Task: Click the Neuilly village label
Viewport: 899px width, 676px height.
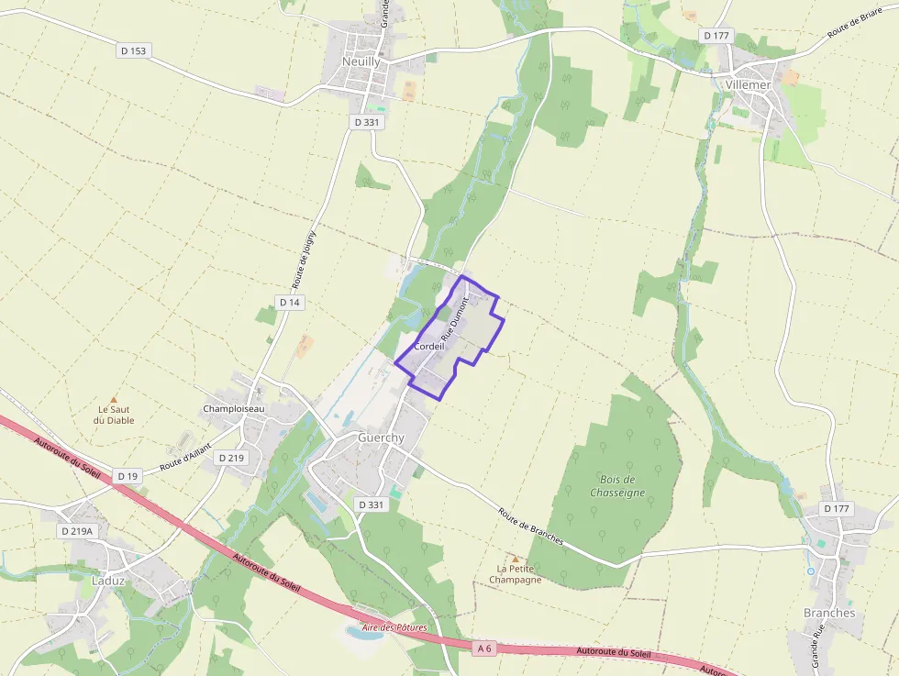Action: click(361, 61)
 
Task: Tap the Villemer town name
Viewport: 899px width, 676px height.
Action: click(748, 83)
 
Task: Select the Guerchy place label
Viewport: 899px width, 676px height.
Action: click(381, 438)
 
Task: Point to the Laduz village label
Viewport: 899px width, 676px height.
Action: click(108, 581)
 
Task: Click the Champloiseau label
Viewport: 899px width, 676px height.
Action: click(233, 408)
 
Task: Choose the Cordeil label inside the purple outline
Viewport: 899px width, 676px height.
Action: click(429, 347)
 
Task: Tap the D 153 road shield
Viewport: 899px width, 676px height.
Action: click(133, 51)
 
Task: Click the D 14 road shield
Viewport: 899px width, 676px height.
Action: click(290, 302)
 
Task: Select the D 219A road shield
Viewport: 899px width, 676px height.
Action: click(78, 531)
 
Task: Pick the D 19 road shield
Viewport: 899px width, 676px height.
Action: click(128, 476)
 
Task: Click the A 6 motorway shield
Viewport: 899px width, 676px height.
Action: click(484, 648)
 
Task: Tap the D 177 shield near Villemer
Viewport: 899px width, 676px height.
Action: click(716, 35)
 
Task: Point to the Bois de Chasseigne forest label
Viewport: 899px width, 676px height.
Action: click(617, 486)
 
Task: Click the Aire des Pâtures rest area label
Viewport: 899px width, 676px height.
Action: click(395, 627)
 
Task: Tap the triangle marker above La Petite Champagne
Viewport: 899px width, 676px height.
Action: click(515, 559)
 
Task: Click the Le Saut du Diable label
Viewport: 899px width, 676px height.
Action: click(114, 415)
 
